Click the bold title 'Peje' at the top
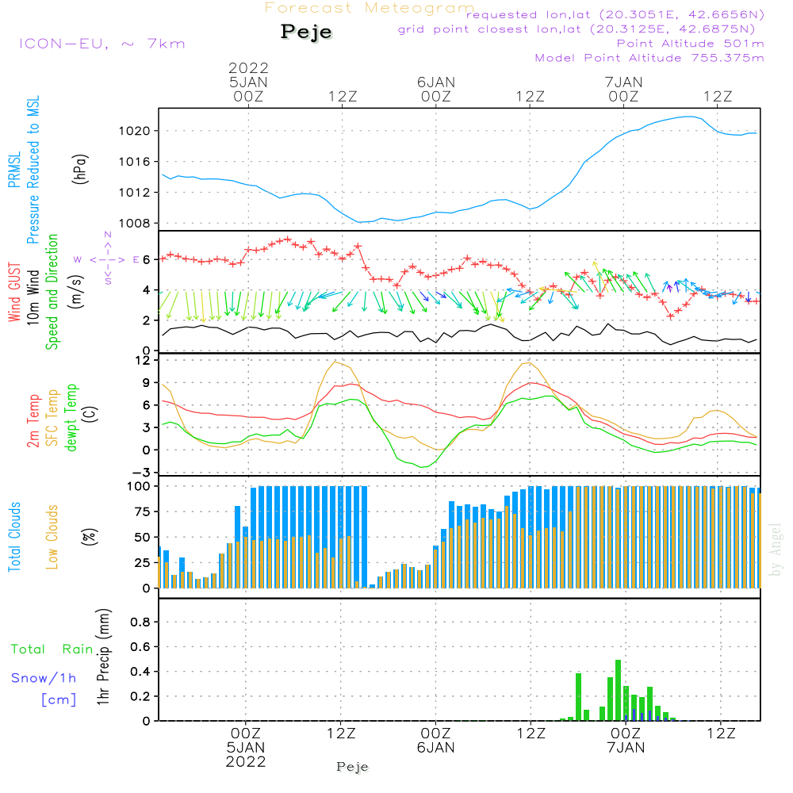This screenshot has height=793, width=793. [306, 32]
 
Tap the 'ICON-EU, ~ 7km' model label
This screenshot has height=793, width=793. [102, 44]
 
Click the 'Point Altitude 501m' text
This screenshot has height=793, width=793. [690, 44]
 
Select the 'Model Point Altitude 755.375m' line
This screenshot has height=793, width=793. [649, 58]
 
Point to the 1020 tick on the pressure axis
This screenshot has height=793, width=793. [135, 131]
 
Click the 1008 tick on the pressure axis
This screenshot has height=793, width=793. [135, 223]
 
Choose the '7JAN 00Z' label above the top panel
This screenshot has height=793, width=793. [623, 89]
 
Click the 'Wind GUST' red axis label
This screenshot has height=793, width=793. [14, 293]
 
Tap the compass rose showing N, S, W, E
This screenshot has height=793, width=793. [108, 259]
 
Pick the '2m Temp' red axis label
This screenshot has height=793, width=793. [33, 421]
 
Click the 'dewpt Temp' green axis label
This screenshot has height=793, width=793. [71, 417]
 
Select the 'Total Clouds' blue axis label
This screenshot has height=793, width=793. [14, 537]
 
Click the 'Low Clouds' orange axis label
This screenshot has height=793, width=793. [52, 537]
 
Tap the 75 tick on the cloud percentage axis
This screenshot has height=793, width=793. [142, 511]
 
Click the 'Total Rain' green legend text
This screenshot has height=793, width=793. [52, 649]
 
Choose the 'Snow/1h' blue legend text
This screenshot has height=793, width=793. [44, 678]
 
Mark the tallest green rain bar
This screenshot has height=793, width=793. [618, 691]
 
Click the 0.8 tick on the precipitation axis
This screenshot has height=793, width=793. [140, 622]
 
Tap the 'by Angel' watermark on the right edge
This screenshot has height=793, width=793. [776, 550]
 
